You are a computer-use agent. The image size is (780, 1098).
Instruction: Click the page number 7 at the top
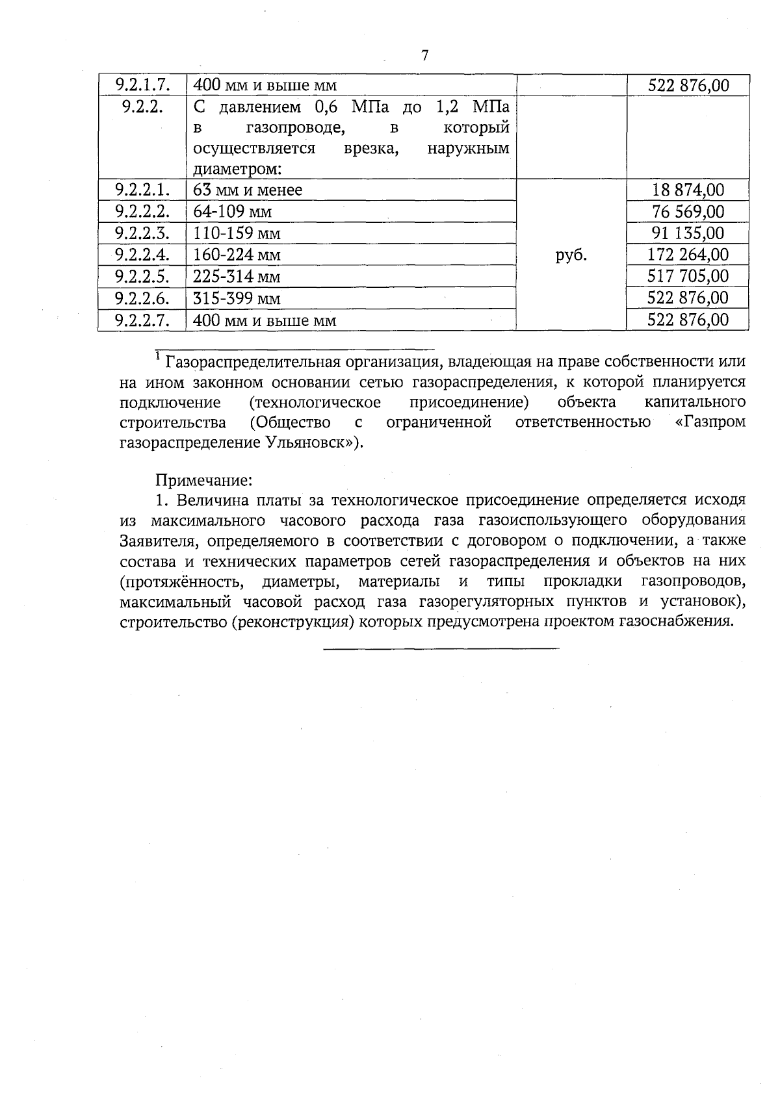[424, 56]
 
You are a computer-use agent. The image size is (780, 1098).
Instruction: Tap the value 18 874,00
[688, 190]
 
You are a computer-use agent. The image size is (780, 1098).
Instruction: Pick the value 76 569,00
[688, 211]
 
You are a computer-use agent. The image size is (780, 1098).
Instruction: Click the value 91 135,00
[688, 233]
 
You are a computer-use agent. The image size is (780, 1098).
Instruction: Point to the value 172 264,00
[688, 254]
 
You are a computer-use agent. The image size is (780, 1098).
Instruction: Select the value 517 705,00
[688, 276]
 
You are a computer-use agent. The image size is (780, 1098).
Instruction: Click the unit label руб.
[571, 255]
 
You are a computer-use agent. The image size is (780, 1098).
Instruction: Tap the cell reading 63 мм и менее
[248, 190]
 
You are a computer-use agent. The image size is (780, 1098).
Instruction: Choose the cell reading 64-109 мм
[232, 212]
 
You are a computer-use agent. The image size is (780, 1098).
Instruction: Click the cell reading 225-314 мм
[237, 277]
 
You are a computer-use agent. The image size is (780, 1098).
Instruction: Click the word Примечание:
[203, 481]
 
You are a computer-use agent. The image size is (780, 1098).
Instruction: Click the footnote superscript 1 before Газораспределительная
[158, 356]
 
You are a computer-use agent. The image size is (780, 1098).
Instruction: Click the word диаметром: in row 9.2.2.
[237, 170]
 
